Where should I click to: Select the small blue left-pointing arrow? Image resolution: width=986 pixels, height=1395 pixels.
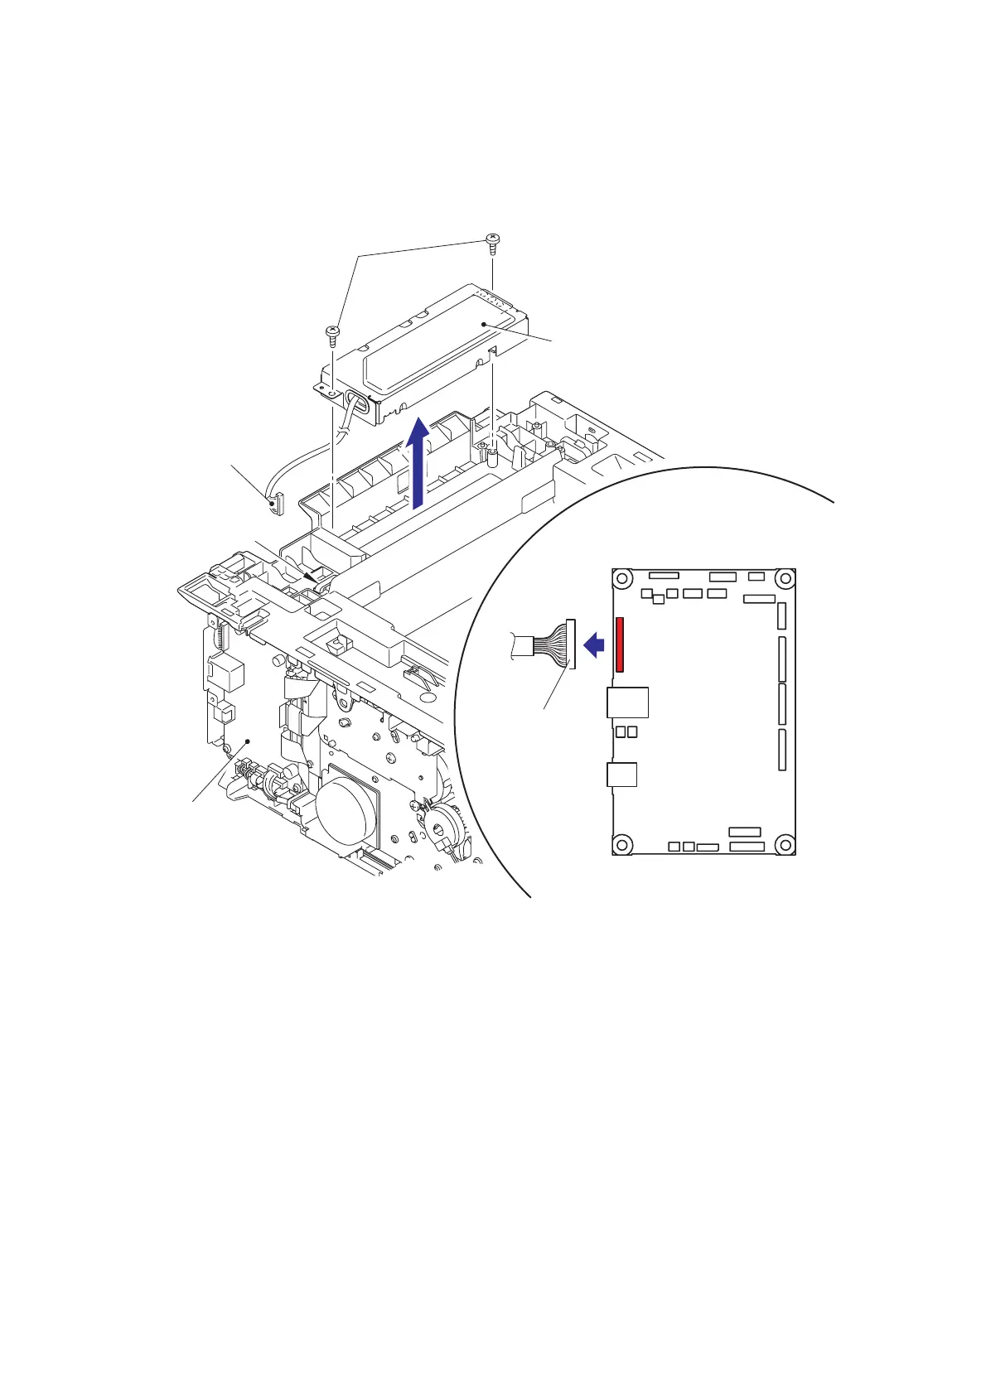(593, 644)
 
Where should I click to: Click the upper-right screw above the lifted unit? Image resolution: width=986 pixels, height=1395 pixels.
(492, 242)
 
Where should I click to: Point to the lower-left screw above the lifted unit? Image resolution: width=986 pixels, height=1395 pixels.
(331, 333)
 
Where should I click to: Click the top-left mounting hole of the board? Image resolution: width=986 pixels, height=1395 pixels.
(623, 578)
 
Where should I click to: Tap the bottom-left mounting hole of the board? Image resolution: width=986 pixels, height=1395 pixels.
(623, 844)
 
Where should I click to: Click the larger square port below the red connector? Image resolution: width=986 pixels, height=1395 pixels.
(627, 702)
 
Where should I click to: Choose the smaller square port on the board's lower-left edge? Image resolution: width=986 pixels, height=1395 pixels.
(621, 775)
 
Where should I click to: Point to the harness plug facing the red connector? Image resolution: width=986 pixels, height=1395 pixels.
(570, 644)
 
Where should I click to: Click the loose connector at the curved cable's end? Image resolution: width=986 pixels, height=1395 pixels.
(275, 504)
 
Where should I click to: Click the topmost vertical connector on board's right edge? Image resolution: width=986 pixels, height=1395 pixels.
(781, 615)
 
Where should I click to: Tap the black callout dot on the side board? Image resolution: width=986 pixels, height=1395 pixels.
(246, 742)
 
